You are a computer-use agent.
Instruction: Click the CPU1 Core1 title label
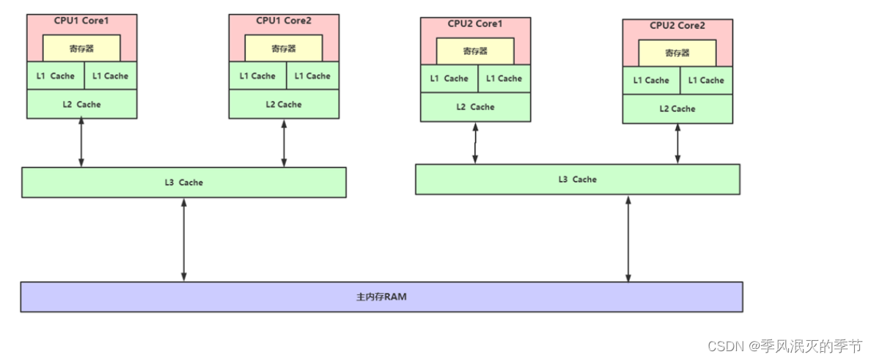[x=81, y=21]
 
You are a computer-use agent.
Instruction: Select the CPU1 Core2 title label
[x=284, y=21]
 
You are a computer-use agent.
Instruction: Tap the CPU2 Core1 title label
[x=475, y=23]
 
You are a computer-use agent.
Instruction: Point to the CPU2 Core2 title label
[x=677, y=26]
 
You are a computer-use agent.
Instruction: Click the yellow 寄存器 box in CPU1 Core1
[x=81, y=48]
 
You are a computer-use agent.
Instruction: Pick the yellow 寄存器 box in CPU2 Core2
[x=677, y=53]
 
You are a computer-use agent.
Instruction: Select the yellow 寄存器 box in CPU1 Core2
[x=284, y=48]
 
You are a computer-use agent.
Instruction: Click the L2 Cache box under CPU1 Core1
[x=81, y=104]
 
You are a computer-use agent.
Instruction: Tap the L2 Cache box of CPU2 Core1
[x=475, y=107]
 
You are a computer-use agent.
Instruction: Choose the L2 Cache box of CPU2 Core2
[x=677, y=109]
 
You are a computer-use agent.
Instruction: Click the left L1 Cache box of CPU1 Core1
[x=55, y=76]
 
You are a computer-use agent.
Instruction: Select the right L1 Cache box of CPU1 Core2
[x=312, y=76]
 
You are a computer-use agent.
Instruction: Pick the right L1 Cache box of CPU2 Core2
[x=706, y=80]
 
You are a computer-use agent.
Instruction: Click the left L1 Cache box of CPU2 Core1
[x=449, y=78]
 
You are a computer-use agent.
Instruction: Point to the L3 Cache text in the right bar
[x=578, y=180]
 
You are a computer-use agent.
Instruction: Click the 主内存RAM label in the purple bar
[x=381, y=298]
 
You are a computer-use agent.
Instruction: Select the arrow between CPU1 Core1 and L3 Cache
[x=81, y=143]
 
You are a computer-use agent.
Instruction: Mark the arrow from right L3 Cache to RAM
[x=628, y=238]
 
